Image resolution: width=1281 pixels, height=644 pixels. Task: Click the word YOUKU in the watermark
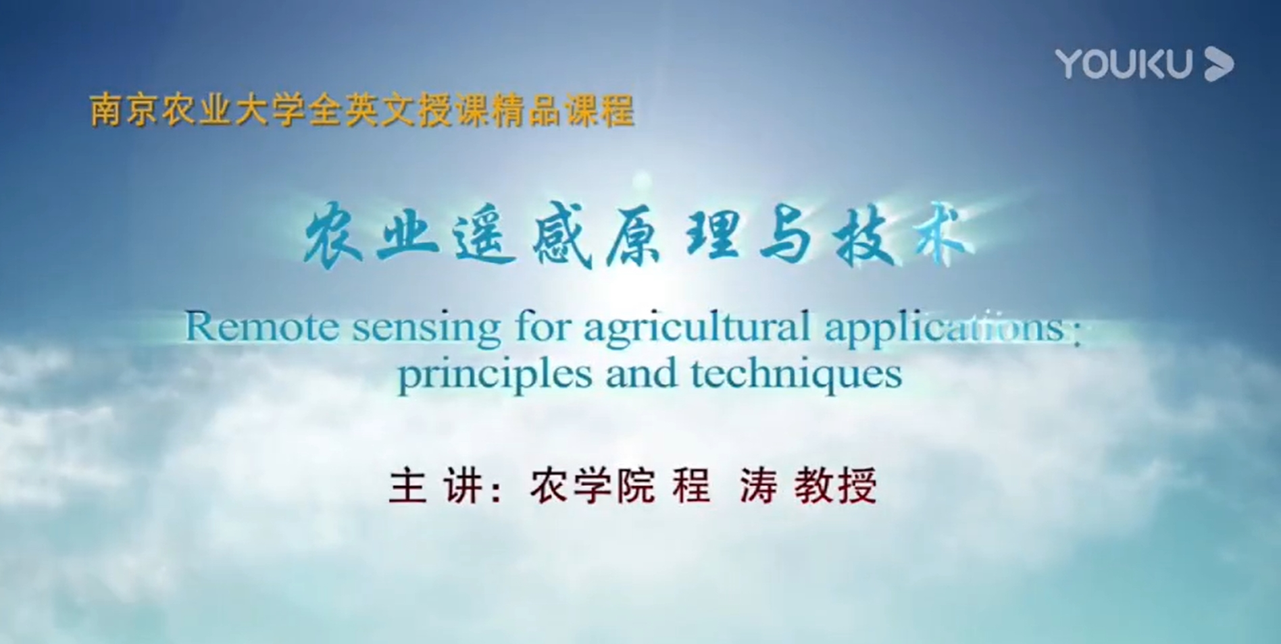(1124, 64)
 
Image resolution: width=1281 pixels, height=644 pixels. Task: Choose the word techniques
(796, 375)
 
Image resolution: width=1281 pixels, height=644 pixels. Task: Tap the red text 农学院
(593, 485)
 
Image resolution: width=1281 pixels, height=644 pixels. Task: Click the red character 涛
(758, 485)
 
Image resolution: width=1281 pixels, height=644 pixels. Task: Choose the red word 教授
(836, 485)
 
